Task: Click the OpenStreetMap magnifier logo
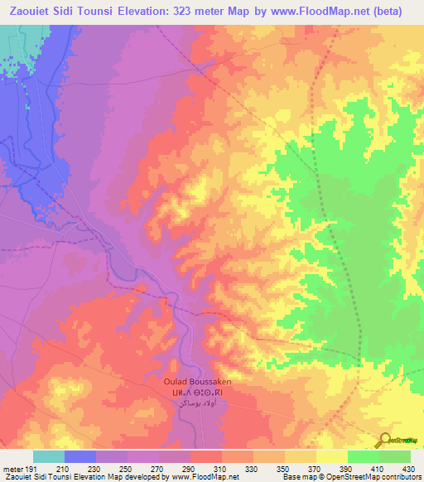point(385,440)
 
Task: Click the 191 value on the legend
point(31,469)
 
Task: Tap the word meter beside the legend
point(11,469)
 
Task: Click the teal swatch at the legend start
point(48,456)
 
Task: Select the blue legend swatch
point(79,456)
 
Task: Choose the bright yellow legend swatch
point(331,456)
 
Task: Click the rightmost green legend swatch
point(395,456)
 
